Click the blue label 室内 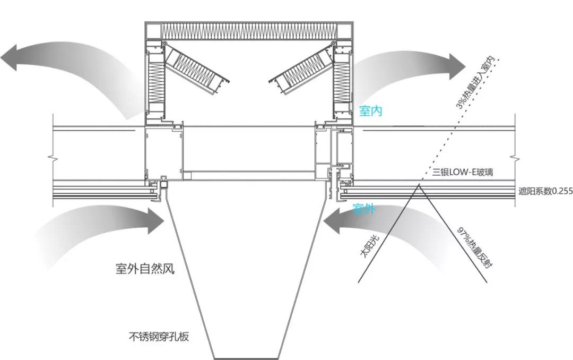(371, 111)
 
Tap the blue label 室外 (365, 209)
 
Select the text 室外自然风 (145, 269)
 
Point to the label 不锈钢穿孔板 (159, 337)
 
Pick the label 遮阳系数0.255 (545, 192)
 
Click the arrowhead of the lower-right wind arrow (333, 221)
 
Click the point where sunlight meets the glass (419, 185)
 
